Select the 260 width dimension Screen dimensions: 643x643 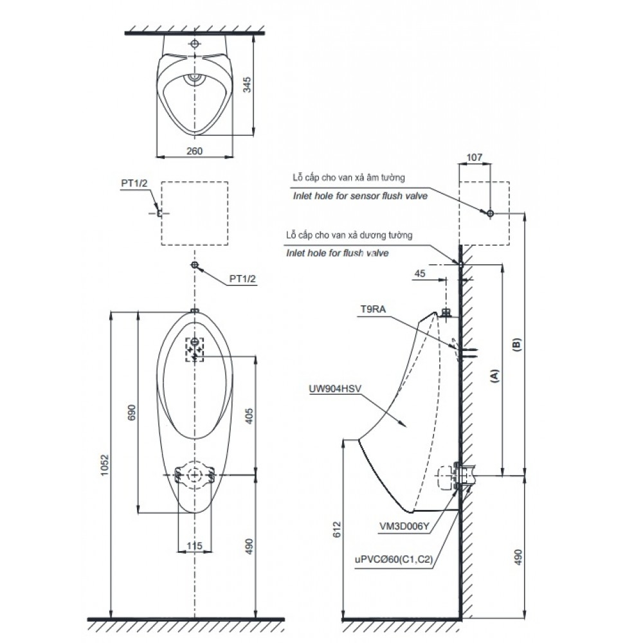pos(194,150)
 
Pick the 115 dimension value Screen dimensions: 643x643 pos(194,545)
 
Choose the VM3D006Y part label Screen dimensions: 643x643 pos(404,525)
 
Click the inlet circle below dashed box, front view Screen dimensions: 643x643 pos(194,266)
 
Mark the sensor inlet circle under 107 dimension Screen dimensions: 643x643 pos(490,213)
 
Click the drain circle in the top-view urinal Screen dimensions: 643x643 pos(194,78)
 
